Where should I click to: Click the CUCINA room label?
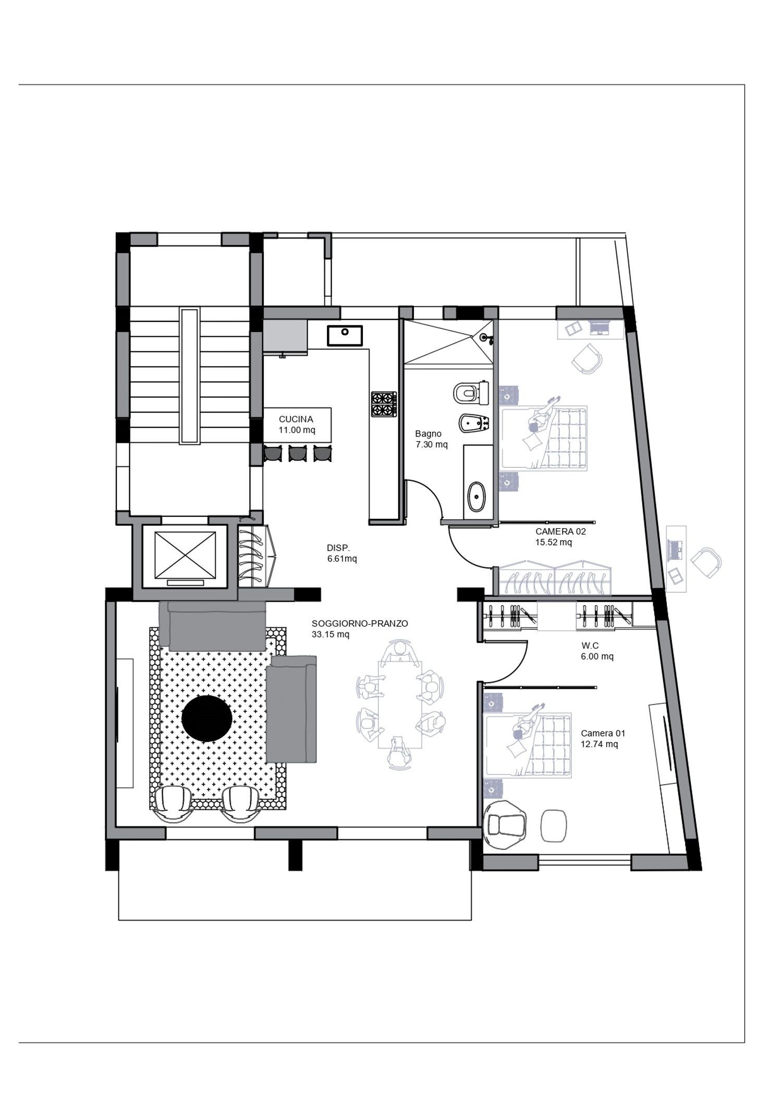tap(296, 419)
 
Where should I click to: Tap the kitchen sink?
tap(345, 335)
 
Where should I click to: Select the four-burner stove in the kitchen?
tap(383, 404)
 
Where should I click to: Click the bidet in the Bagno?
tap(474, 423)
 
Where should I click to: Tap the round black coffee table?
tap(207, 718)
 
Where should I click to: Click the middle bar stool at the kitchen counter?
tap(297, 454)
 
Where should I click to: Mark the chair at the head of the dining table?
tap(400, 652)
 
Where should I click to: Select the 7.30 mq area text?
tap(432, 445)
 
